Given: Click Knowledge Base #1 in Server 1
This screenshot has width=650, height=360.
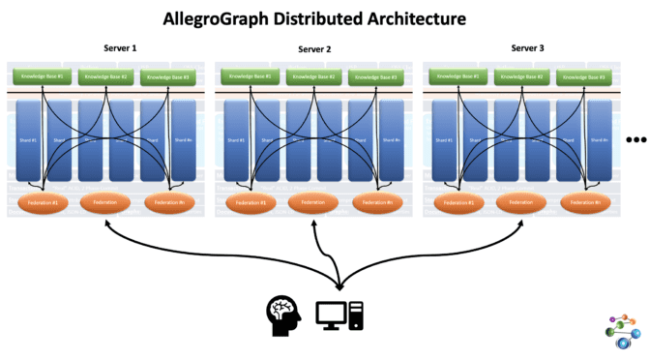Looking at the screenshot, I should [40, 75].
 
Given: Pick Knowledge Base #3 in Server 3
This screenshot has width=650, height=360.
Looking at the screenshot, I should [586, 75].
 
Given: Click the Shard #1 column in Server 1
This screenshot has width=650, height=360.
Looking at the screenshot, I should [28, 140].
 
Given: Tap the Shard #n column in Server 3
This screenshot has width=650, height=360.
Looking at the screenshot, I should [600, 140].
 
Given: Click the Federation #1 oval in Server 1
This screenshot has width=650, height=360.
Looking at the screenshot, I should [42, 203].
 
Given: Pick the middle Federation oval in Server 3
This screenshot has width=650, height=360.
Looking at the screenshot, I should [520, 203].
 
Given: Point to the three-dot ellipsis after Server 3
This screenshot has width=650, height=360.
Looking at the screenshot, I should [635, 140].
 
